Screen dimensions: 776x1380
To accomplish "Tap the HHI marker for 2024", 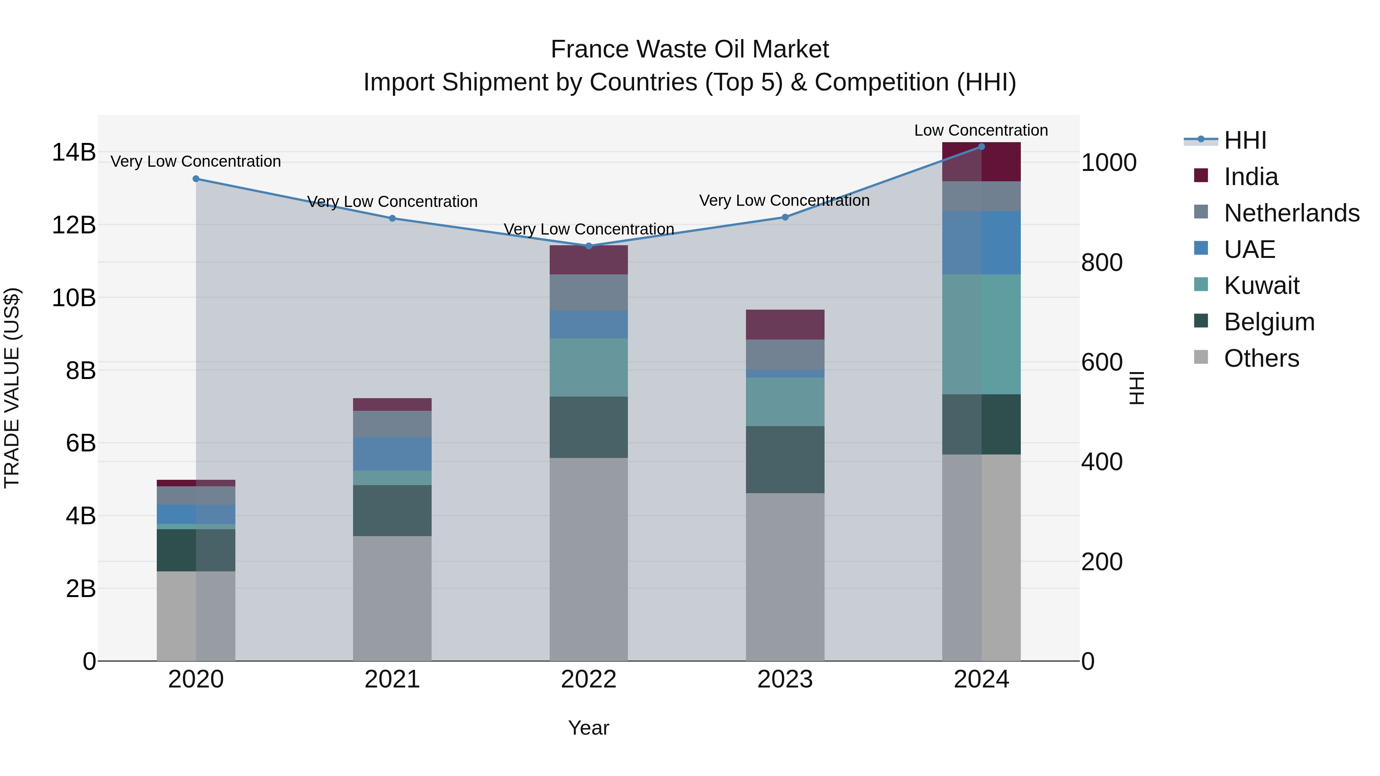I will pyautogui.click(x=981, y=146).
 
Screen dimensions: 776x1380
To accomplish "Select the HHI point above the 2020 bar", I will pyautogui.click(x=195, y=179).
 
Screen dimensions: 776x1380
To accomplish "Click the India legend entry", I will pyautogui.click(x=1250, y=177).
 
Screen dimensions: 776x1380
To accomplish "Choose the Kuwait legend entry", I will pyautogui.click(x=1261, y=285).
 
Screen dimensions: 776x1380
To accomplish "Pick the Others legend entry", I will pyautogui.click(x=1261, y=358).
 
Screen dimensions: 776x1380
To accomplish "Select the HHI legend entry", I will pyautogui.click(x=1244, y=140).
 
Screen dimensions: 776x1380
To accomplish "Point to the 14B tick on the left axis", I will pyautogui.click(x=73, y=152).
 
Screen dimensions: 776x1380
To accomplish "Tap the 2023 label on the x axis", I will pyautogui.click(x=784, y=679).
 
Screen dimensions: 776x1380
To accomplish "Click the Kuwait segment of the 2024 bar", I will pyautogui.click(x=981, y=334).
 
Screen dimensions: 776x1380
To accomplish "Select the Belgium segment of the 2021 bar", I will pyautogui.click(x=392, y=510).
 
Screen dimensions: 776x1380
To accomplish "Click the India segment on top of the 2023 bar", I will pyautogui.click(x=784, y=325).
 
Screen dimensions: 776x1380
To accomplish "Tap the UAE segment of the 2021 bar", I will pyautogui.click(x=392, y=454).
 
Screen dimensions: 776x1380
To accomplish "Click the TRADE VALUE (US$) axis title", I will pyautogui.click(x=12, y=388).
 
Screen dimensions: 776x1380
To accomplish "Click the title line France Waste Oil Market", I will pyautogui.click(x=690, y=49).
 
